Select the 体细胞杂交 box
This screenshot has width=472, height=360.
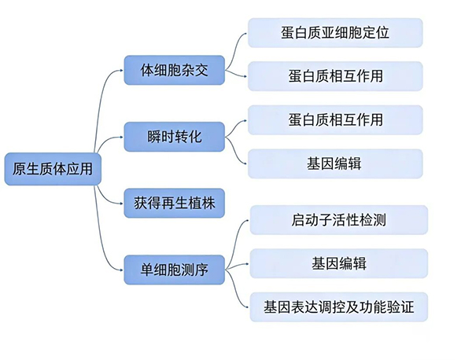click(x=175, y=69)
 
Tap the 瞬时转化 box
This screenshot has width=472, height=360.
click(x=175, y=136)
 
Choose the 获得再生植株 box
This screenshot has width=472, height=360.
click(x=175, y=203)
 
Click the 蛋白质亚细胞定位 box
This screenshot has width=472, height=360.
click(x=335, y=32)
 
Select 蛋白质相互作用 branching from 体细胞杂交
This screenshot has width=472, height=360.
click(x=335, y=76)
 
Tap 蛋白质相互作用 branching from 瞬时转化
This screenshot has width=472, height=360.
click(x=335, y=119)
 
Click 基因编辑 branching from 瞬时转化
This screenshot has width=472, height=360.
click(x=335, y=163)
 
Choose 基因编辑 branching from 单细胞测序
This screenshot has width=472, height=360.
click(x=338, y=263)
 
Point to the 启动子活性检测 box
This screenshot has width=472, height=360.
click(x=338, y=219)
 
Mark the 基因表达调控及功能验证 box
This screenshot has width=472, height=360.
click(x=338, y=307)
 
